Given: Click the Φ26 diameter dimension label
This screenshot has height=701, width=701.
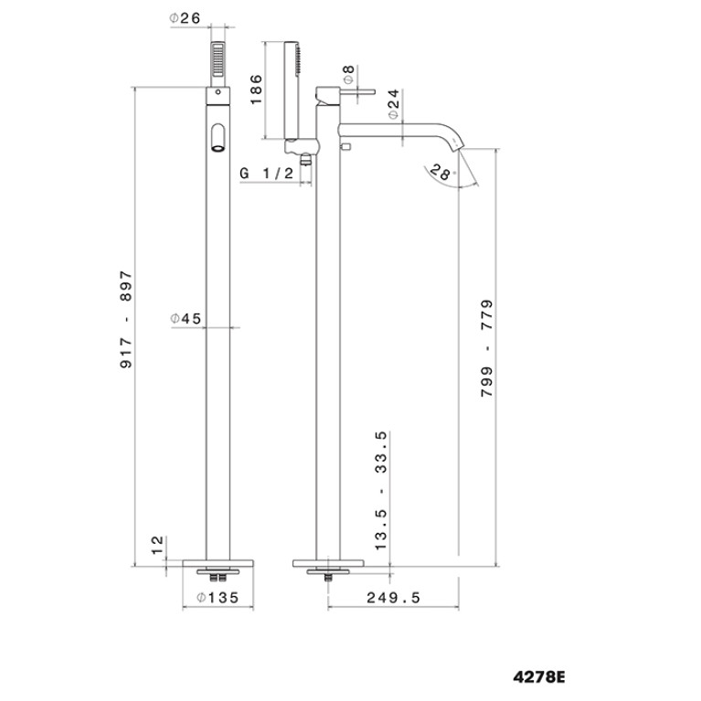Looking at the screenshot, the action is [x=186, y=18].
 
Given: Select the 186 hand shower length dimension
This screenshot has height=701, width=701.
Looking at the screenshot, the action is [x=256, y=90].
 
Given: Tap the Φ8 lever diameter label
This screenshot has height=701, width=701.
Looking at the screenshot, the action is [x=349, y=74].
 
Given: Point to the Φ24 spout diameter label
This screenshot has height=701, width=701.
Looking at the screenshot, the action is [x=394, y=104].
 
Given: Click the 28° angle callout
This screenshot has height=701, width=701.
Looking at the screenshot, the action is [x=441, y=172].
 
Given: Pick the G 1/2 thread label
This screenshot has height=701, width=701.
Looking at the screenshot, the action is [x=267, y=173].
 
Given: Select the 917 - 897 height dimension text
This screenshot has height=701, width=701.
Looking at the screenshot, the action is [x=126, y=319].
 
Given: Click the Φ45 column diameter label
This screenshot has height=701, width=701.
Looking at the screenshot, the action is [x=186, y=319].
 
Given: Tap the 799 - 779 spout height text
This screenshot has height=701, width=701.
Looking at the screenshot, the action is [x=487, y=348].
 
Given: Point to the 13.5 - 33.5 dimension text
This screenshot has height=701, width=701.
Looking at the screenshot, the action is [x=381, y=491].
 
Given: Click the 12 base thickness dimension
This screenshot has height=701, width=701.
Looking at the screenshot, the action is [x=157, y=546].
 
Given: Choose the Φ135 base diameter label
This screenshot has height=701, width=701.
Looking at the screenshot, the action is [x=218, y=598].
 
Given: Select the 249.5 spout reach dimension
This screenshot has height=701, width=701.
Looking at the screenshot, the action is [x=393, y=598].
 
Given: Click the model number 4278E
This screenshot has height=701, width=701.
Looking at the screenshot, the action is [x=538, y=677].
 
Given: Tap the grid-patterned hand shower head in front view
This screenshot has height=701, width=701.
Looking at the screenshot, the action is [x=218, y=59].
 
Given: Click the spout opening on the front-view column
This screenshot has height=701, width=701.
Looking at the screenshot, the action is [x=218, y=138].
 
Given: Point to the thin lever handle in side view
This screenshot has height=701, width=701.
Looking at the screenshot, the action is [x=356, y=92].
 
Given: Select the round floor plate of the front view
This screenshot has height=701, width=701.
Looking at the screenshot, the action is [x=218, y=563].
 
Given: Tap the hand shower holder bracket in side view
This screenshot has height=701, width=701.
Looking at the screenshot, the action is [x=303, y=146].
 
